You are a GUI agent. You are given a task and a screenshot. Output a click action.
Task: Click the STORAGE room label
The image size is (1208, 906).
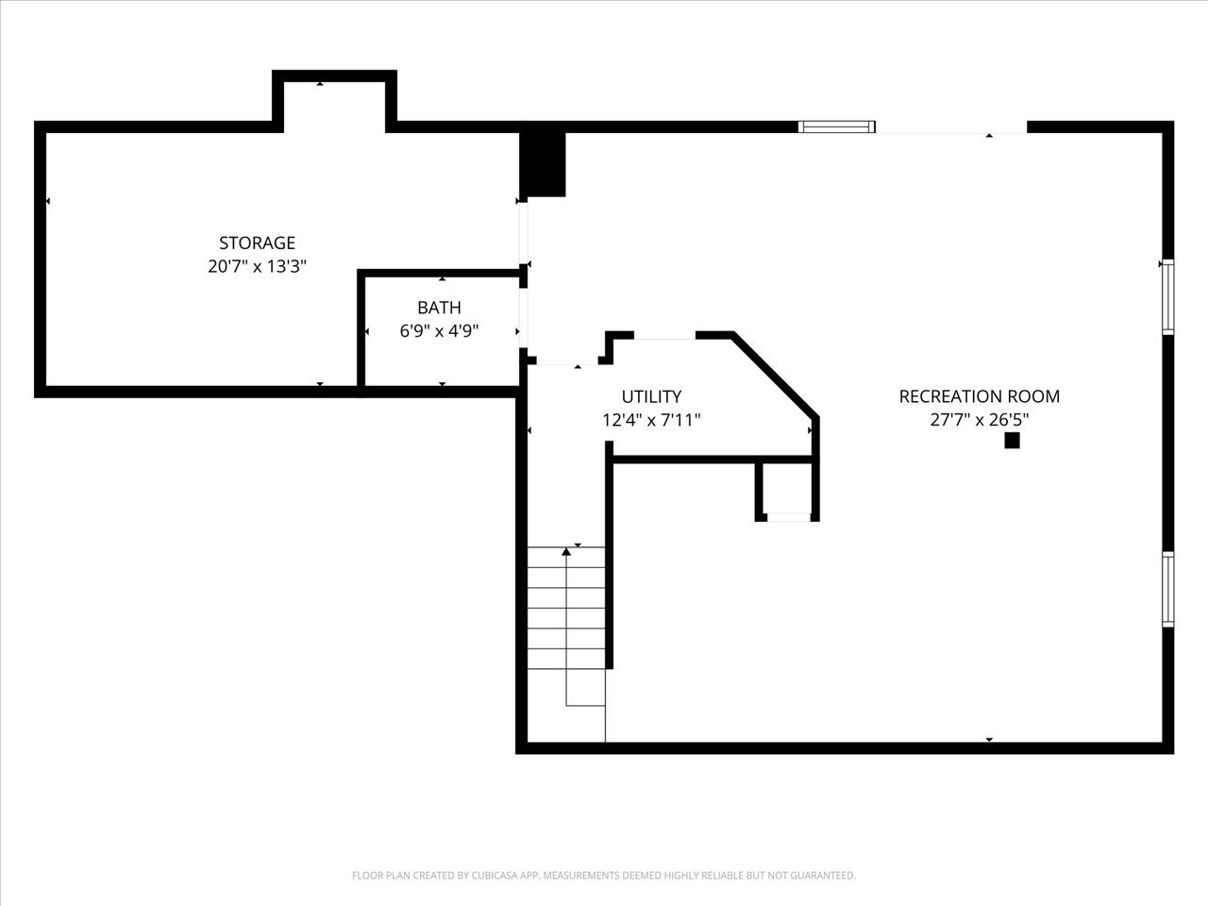257,243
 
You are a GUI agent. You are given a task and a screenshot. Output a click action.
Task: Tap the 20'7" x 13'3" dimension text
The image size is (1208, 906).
257,266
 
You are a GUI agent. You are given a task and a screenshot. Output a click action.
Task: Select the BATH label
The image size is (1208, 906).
439,308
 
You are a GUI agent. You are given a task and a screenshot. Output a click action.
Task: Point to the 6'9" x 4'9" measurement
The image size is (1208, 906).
439,331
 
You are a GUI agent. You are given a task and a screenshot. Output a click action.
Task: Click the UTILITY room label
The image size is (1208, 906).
651,396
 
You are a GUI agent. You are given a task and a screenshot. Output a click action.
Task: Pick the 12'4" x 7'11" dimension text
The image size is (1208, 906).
651,420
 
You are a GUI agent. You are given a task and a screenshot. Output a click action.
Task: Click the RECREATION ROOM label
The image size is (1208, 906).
980,396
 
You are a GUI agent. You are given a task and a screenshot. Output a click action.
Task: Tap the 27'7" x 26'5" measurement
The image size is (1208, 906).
980,420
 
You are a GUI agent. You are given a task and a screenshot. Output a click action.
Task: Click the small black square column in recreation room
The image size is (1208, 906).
1012,441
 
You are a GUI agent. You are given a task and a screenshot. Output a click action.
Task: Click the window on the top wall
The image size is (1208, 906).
836,126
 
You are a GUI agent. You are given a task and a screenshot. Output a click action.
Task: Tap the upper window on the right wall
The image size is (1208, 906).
1167,297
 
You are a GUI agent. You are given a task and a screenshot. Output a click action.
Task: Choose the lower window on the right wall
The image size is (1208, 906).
1167,589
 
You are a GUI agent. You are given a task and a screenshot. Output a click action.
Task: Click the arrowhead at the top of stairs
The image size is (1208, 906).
566,551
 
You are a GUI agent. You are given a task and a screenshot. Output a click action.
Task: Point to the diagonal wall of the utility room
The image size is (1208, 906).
775,376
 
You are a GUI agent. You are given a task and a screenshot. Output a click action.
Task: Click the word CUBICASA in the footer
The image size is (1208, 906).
495,875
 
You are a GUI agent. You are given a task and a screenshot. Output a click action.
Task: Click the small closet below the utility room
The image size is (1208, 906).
787,490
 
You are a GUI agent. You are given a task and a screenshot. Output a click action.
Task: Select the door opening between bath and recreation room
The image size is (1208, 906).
524,318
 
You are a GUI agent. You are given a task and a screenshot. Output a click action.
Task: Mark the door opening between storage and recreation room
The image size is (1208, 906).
524,233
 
